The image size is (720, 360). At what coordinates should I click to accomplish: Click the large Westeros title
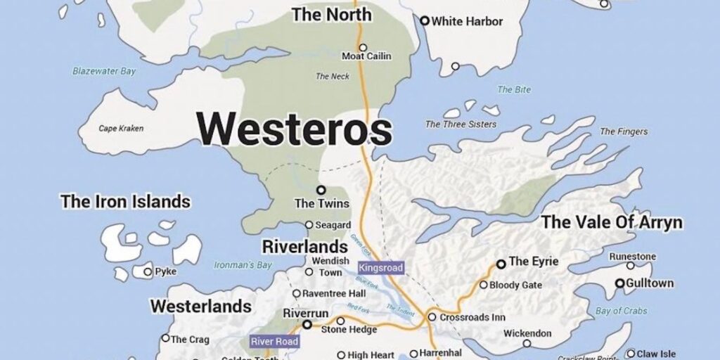point(294,129)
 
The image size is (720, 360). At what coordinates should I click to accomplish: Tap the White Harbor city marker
point(425,21)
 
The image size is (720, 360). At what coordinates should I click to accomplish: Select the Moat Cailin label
point(366,56)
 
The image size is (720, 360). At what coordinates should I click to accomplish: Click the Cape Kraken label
point(121,128)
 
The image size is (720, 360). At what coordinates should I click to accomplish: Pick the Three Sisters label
point(461,124)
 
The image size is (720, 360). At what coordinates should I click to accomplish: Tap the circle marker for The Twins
point(321,190)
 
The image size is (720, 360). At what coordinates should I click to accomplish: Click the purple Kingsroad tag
point(381,268)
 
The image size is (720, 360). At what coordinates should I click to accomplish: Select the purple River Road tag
point(274,342)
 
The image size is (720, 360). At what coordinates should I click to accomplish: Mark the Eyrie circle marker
point(501,264)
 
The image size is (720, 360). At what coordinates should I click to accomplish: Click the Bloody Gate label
point(515,285)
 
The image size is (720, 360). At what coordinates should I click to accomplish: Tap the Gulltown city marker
point(620,283)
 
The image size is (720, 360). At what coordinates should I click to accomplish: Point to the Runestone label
point(632,256)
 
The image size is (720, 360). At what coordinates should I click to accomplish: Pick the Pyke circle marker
point(148,271)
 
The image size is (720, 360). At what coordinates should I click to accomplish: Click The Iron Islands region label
point(125,202)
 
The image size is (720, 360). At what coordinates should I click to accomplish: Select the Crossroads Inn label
point(472,317)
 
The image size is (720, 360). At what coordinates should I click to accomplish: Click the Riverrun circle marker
point(307,325)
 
